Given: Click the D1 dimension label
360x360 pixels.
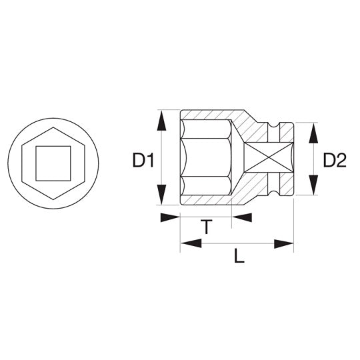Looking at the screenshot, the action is tap(143, 160).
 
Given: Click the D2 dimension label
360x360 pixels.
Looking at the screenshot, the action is tap(335, 160).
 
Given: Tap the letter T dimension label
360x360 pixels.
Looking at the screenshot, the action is tap(207, 227).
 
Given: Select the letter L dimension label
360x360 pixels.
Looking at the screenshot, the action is tap(239, 256).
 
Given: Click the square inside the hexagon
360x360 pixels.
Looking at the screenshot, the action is tap(53, 163).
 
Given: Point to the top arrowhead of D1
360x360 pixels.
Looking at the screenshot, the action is tap(161, 121).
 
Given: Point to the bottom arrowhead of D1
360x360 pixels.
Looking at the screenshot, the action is tap(161, 194).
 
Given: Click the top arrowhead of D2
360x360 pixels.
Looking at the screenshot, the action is tap(313, 133).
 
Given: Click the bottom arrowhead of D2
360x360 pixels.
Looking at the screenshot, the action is tap(313, 185).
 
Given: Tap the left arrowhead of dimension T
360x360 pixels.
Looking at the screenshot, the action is tap(170, 217).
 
